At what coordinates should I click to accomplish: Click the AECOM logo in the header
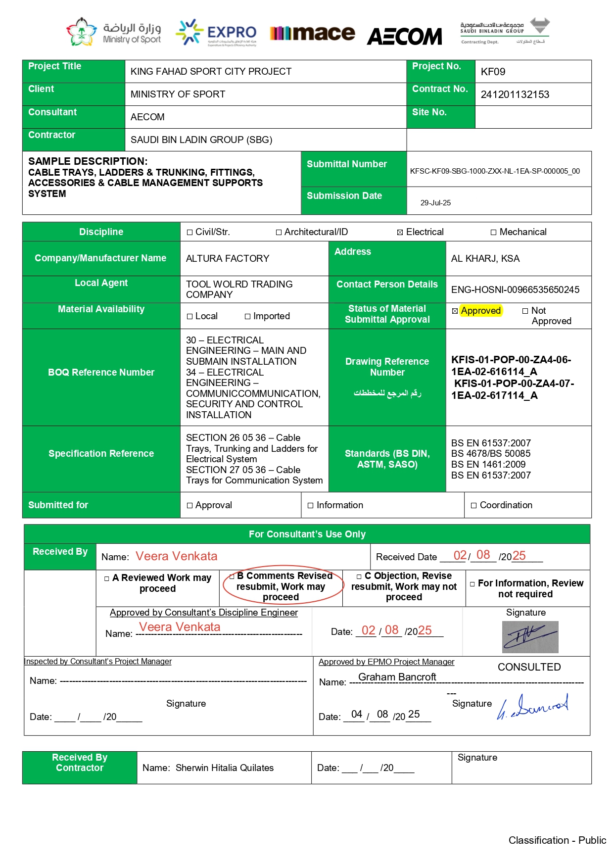click(x=404, y=36)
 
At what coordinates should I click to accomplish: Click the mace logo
click(x=312, y=33)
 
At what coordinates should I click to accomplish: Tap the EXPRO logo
click(x=216, y=33)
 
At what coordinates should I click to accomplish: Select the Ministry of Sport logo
click(x=114, y=32)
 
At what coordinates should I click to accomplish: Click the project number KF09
click(x=493, y=72)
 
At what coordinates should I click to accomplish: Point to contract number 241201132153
click(x=515, y=95)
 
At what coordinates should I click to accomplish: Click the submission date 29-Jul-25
click(x=435, y=203)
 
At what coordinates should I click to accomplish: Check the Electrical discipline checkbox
click(x=400, y=233)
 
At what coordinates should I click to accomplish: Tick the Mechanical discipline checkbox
click(x=493, y=233)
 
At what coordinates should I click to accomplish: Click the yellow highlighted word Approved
click(x=480, y=311)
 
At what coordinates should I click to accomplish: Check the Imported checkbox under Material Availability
click(x=248, y=317)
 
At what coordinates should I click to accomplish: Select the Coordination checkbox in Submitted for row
click(x=473, y=506)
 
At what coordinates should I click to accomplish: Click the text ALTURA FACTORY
click(x=228, y=259)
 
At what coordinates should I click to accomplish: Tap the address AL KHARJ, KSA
click(x=485, y=259)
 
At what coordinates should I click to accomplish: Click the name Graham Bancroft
click(x=397, y=677)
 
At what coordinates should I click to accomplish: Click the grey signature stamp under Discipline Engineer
click(x=530, y=637)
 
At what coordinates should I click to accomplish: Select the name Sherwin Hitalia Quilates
click(x=224, y=768)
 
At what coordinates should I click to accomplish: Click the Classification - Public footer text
click(x=557, y=840)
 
